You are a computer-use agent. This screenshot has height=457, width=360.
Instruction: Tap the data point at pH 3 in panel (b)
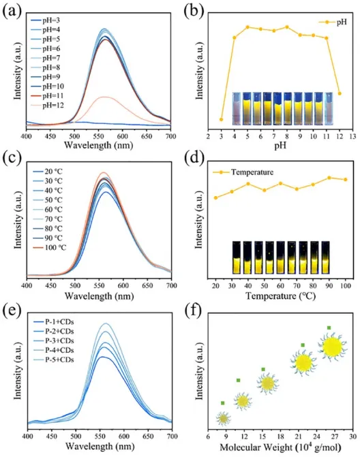coord(221,119)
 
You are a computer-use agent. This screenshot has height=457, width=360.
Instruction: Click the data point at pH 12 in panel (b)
coord(340,93)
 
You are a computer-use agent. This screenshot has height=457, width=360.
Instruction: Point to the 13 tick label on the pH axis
coord(352,136)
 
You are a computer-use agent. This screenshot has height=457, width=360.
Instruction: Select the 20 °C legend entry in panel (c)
coord(48,172)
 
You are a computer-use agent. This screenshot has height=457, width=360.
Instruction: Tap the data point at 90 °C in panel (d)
coord(329,178)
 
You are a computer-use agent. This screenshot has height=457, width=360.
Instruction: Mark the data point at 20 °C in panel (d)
coord(216,198)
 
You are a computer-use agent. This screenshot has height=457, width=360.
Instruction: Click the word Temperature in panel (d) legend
coord(252,172)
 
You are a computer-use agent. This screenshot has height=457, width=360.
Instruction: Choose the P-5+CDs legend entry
coord(54,360)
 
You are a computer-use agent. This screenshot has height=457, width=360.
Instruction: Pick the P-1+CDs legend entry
coord(54,321)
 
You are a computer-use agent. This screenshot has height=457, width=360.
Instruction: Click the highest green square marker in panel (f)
coord(329,328)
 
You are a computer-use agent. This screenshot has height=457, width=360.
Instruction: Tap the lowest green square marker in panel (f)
coord(222,403)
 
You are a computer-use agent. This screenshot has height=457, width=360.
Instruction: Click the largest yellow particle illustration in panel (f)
coord(332,346)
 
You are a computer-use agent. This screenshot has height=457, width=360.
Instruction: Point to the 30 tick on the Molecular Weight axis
coord(352,437)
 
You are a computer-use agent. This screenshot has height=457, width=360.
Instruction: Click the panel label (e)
coord(12,311)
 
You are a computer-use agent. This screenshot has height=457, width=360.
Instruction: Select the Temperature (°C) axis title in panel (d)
coord(280,296)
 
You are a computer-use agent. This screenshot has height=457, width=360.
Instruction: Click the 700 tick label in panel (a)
coord(171,136)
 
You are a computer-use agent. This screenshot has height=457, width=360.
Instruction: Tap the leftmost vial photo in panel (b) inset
coord(237,109)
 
